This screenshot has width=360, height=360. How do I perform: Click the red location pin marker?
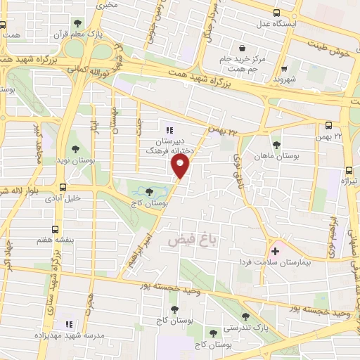181,166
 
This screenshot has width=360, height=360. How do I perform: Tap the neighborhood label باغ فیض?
188,240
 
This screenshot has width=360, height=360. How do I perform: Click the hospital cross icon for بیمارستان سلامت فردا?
274,250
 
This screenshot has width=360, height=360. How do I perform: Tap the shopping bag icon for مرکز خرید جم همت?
243,49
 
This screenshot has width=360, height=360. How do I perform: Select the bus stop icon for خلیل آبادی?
63,188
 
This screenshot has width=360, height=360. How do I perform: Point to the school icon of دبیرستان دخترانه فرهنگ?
169,130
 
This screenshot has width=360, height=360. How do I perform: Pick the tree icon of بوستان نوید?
75,148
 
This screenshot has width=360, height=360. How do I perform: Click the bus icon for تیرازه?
349,171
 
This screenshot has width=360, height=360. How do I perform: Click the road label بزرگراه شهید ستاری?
53,274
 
